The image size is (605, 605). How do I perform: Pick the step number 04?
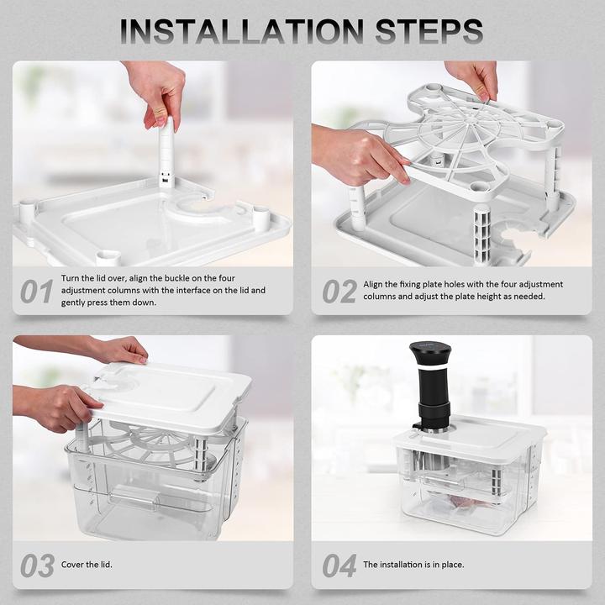coord(339,566)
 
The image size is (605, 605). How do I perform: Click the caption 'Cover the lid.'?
coord(87,565)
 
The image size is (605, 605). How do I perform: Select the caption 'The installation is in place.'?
coord(413,565)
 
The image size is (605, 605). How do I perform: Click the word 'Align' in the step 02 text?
coord(375,284)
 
